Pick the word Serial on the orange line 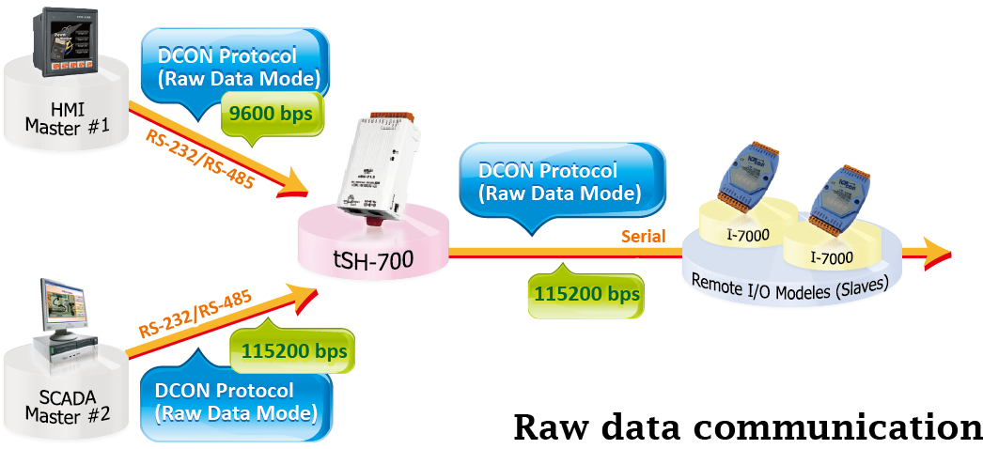tap(643, 236)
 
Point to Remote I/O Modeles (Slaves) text tap(789, 282)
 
